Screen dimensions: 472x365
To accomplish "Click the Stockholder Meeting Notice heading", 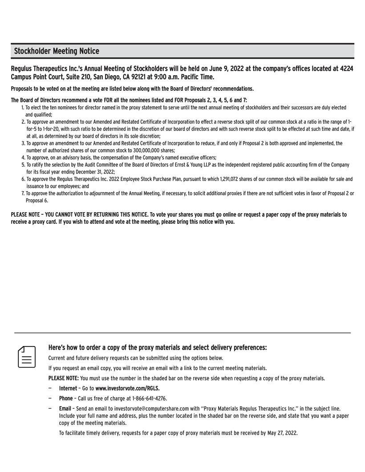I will (x=57, y=51).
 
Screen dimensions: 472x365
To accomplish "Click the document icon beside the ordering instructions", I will (x=27, y=355).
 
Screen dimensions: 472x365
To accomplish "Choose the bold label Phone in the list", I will (x=65, y=398).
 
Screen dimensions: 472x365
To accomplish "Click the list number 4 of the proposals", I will (x=23, y=157).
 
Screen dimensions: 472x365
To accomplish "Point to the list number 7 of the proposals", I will (x=23, y=194).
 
